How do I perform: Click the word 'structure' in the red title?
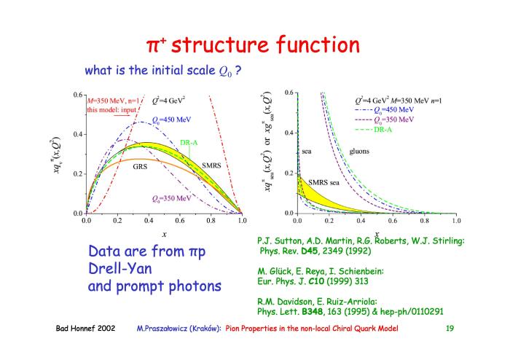point(220,44)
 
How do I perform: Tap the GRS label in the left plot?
point(140,167)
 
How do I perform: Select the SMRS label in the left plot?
point(211,165)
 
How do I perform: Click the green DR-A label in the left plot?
point(189,143)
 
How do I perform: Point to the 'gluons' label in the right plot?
point(359,152)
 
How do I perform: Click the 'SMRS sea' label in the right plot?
point(323,182)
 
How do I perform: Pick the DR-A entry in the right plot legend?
point(382,130)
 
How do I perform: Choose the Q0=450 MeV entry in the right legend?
point(393,110)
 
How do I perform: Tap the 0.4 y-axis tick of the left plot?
point(78,134)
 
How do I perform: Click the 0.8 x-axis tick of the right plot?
point(425,221)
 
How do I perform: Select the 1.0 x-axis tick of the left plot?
point(242,221)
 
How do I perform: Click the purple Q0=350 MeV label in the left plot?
point(171,199)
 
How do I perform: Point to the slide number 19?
point(450,328)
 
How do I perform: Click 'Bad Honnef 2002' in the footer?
point(85,328)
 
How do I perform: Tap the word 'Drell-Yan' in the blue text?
point(120,269)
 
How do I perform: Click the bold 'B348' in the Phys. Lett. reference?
point(313,312)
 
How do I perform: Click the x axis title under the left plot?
point(164,234)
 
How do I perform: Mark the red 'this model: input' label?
point(111,110)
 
